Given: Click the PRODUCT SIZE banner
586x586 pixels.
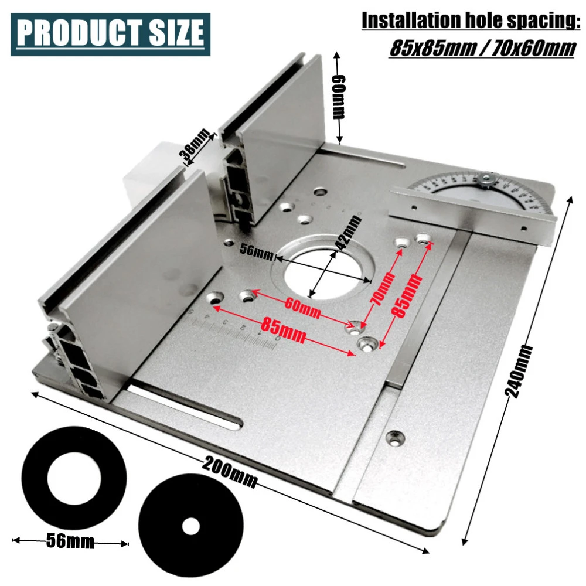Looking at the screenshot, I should (x=110, y=34).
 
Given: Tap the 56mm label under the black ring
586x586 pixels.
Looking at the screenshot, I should (x=70, y=541).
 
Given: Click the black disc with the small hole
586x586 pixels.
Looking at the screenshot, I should (x=189, y=526).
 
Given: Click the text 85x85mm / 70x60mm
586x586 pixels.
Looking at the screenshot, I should (x=482, y=47).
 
